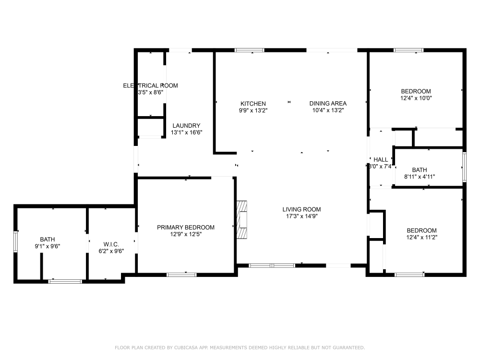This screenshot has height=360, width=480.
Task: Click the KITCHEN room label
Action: click(x=253, y=104)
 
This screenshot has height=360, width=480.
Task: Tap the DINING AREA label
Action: click(x=328, y=104)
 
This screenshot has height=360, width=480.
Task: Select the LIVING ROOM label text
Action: click(x=301, y=209)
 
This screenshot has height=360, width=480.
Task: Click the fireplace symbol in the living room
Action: click(x=243, y=219)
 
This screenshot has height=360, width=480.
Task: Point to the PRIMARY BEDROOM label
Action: click(x=186, y=228)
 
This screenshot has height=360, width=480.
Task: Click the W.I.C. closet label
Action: click(x=111, y=244)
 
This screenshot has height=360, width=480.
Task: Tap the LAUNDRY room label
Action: click(x=186, y=126)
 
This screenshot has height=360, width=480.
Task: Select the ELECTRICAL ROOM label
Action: click(x=150, y=86)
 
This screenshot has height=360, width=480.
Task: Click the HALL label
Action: click(x=381, y=160)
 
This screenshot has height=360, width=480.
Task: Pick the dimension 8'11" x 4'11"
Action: click(x=420, y=177)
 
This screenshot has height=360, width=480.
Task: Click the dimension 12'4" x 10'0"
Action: click(x=416, y=98)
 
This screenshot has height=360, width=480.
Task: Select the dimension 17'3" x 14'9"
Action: click(x=301, y=216)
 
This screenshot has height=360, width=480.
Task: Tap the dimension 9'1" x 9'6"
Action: click(x=47, y=246)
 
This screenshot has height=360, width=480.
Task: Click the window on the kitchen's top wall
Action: click(x=249, y=50)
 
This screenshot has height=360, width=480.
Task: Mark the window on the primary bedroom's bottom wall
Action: click(x=181, y=275)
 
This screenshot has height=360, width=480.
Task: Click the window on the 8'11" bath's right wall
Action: click(x=464, y=167)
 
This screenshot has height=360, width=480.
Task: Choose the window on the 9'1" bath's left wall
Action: click(x=16, y=241)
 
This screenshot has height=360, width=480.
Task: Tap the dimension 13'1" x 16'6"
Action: click(x=187, y=132)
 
